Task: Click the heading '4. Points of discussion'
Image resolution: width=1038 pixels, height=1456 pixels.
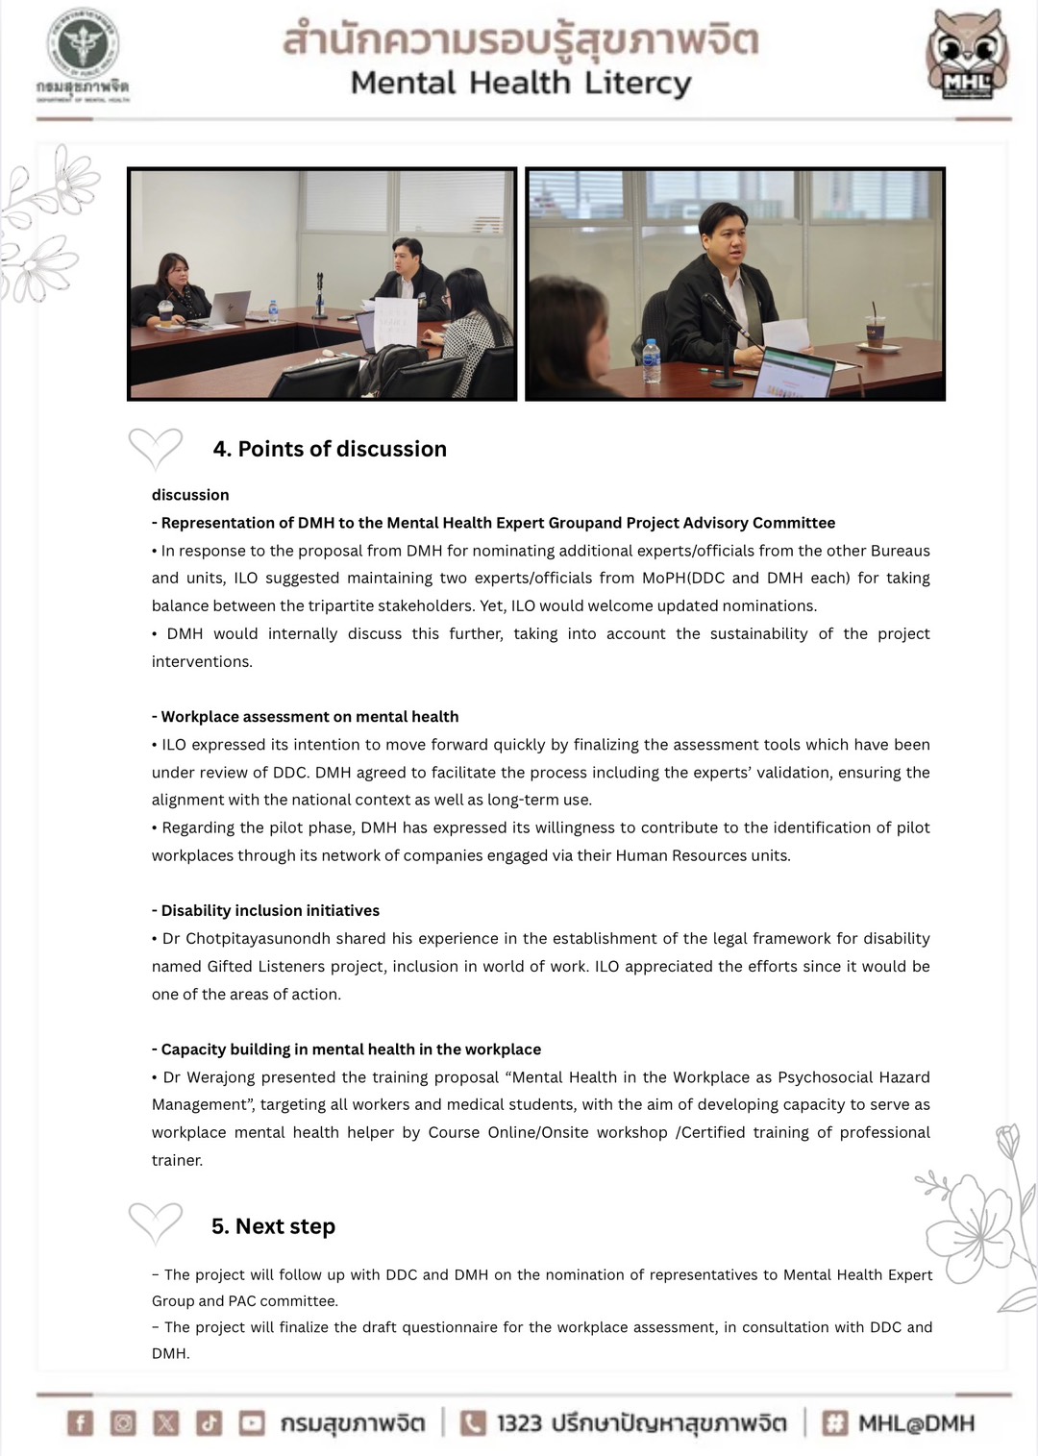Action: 330,449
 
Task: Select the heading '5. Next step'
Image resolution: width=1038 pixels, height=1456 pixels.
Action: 273,1226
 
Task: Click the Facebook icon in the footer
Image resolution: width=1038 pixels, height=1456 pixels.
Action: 81,1422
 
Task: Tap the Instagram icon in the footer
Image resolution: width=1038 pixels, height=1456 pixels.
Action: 123,1422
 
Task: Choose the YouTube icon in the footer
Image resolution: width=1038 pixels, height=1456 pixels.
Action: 252,1422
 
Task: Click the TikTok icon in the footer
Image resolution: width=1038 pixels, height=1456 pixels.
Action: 209,1422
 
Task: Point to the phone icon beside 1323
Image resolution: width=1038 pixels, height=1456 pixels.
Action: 473,1422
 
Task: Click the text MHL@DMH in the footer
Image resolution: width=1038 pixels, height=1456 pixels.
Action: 916,1423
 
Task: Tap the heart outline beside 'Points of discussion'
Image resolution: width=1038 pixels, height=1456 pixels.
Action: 155,448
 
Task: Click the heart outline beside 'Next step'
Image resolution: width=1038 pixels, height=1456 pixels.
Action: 155,1222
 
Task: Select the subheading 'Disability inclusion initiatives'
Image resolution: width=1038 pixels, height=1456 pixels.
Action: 270,910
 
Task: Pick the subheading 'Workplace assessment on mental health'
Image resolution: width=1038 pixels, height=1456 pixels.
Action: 309,717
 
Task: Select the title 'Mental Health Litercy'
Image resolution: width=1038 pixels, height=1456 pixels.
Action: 520,83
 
